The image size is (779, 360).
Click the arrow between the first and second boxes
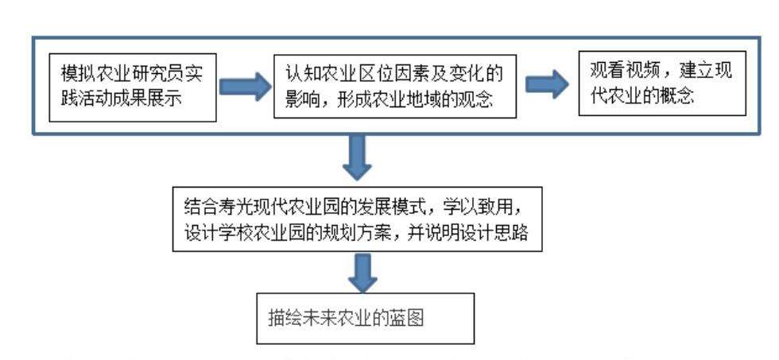tap(244, 87)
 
